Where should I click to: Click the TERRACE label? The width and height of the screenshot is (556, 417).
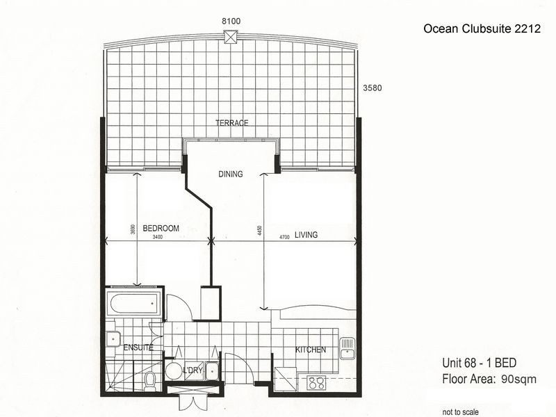point(231,123)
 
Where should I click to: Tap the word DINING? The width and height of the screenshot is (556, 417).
point(230,174)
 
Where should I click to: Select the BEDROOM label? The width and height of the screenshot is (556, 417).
point(161,228)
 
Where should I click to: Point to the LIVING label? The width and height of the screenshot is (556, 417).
point(306,235)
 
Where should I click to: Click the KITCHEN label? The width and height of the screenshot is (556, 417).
point(310,350)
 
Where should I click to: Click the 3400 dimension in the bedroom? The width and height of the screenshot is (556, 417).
point(157,238)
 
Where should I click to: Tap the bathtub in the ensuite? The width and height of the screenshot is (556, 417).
point(135,303)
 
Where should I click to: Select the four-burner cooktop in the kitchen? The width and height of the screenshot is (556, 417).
point(317,382)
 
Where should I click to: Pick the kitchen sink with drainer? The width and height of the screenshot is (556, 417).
point(347,345)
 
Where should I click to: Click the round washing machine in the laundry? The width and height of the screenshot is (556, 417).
point(173,370)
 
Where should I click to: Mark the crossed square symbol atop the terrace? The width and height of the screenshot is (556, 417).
point(231,38)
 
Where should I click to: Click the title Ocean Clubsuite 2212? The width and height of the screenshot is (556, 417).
point(472,29)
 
